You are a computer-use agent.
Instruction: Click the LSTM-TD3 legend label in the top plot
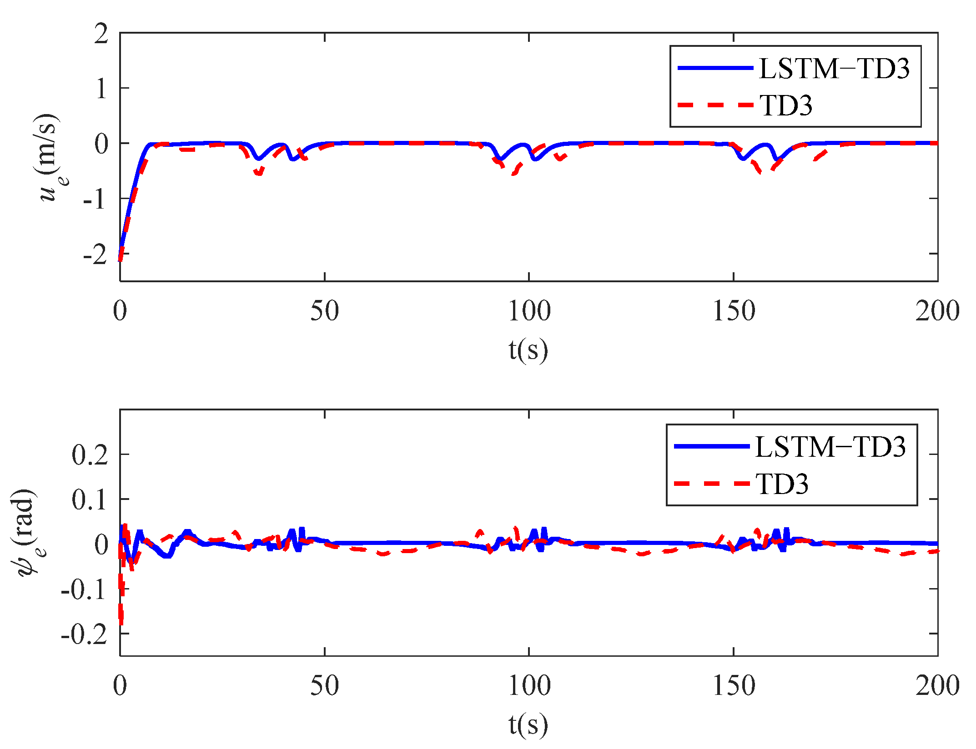point(834,69)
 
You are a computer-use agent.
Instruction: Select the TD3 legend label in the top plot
point(786,105)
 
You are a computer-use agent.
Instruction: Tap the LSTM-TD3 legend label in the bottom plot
point(830,447)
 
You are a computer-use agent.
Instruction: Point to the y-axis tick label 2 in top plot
point(101,34)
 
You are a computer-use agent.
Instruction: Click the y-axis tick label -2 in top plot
point(95,254)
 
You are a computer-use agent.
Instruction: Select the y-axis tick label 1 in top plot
point(101,88)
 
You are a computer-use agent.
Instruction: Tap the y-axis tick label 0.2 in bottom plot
point(90,454)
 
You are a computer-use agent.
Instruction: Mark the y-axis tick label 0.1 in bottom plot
point(90,499)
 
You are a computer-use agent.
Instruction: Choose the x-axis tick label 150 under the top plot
point(733,312)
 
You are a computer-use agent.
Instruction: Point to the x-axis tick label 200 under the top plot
point(937,312)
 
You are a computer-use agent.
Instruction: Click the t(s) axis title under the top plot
point(528,350)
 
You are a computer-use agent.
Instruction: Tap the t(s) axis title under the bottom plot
point(528,724)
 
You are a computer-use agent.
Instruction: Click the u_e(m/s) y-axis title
point(50,157)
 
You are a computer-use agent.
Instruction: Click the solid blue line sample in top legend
point(715,68)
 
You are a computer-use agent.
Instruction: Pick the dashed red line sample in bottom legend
point(711,484)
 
